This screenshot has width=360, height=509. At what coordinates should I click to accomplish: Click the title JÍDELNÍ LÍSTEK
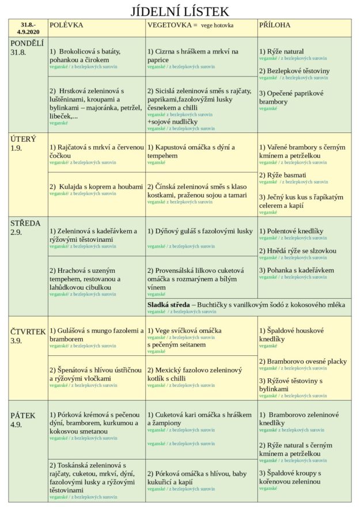click(180, 11)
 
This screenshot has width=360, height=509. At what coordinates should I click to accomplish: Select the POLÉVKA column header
click(66, 25)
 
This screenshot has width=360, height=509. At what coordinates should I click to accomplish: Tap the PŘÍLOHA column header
click(275, 25)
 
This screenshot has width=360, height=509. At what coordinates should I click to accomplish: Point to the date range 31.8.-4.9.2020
click(28, 29)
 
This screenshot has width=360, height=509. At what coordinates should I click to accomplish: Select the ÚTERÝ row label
click(23, 139)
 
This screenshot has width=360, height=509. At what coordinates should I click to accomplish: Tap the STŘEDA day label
click(25, 223)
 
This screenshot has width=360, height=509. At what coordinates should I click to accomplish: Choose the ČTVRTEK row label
click(28, 332)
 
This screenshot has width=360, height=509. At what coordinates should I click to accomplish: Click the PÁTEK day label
click(23, 415)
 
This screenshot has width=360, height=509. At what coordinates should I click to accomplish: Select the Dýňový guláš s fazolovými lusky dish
click(200, 231)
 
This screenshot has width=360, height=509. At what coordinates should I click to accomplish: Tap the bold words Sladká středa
click(168, 304)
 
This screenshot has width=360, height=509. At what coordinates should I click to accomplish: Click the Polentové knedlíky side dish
click(293, 231)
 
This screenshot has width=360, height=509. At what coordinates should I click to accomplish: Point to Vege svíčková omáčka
click(184, 331)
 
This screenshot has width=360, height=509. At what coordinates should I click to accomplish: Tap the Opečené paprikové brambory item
click(291, 97)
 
